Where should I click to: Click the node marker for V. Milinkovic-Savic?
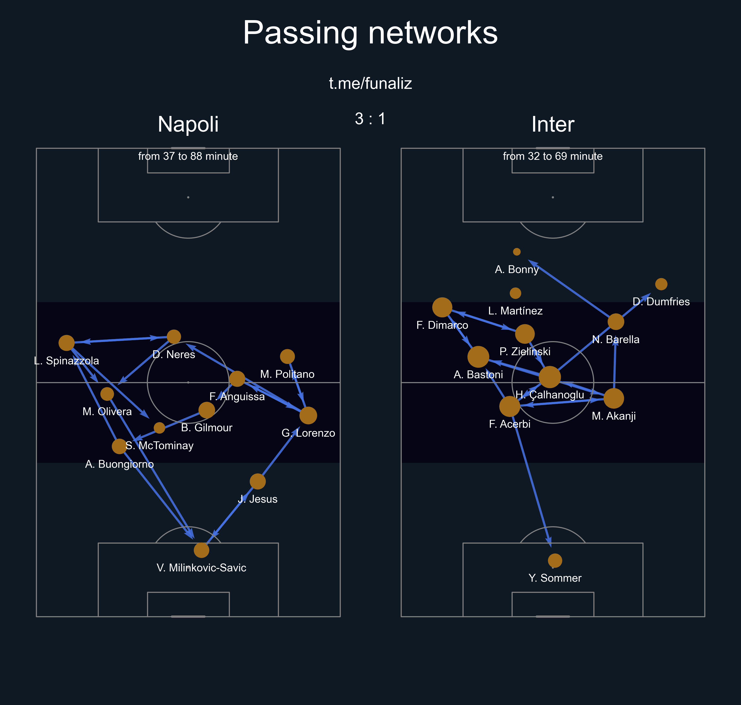[x=201, y=550]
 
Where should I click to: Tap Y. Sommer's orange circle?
[x=555, y=561]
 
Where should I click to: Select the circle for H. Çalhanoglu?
[x=550, y=377]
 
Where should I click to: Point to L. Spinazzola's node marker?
[x=67, y=343]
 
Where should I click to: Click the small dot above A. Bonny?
[x=517, y=252]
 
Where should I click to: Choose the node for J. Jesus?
[x=258, y=481]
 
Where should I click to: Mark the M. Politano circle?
[x=287, y=356]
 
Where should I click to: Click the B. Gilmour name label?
[x=207, y=428]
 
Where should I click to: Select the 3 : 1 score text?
[x=370, y=119]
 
